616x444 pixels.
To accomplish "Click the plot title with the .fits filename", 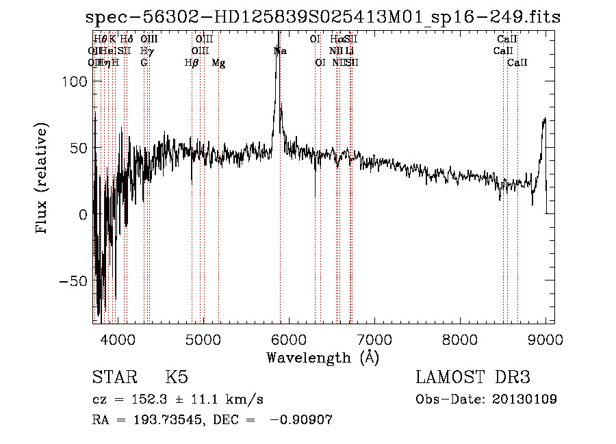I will [x=323, y=18].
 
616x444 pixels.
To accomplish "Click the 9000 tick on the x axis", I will [x=546, y=339].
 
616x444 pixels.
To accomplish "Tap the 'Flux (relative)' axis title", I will [x=42, y=179].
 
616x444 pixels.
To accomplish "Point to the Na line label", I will [x=280, y=51].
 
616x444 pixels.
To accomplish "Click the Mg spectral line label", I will [x=218, y=63].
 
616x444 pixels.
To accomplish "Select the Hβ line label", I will [x=192, y=63].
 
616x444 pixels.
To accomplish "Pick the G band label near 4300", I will [x=144, y=63].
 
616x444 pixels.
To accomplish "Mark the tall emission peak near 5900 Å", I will [x=278, y=55].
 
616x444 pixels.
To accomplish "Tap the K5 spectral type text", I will [x=177, y=378].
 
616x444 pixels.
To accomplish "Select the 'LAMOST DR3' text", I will [x=472, y=378].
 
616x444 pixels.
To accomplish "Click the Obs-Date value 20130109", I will [x=525, y=399].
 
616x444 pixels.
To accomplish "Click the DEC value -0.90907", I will [x=301, y=420].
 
